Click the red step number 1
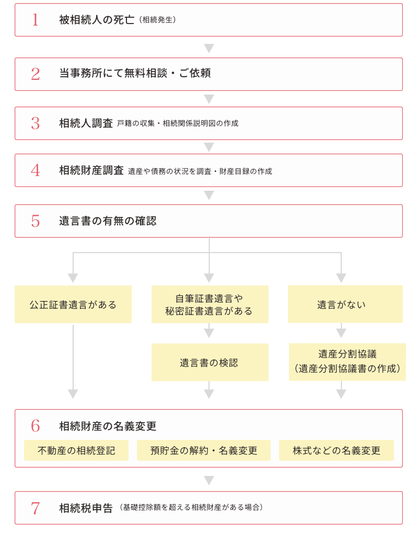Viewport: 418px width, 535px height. [35, 20]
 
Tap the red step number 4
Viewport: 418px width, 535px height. [35, 170]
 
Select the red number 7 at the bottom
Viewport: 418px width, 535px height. [35, 508]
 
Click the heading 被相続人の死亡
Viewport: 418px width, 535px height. [97, 20]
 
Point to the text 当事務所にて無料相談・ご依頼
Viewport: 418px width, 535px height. [135, 74]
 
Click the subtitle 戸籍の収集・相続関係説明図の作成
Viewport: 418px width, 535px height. [178, 123]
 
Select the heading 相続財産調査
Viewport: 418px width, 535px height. [91, 170]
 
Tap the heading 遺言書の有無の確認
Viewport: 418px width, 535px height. [108, 221]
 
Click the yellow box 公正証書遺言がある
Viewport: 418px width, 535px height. [73, 305]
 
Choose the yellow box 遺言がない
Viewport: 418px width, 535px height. [345, 305]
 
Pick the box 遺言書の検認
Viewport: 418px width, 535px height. [210, 363]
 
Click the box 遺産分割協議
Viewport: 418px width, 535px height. [347, 354]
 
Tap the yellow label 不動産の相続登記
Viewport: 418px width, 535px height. [76, 450]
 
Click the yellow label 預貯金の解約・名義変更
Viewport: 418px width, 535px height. [204, 450]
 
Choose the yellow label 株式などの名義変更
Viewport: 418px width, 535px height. [336, 450]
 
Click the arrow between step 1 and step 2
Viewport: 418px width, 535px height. [209, 48]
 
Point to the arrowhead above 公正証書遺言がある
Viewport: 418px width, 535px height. [73, 277]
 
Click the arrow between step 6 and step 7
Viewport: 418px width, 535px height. [209, 480]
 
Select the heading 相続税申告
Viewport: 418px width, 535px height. [86, 508]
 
